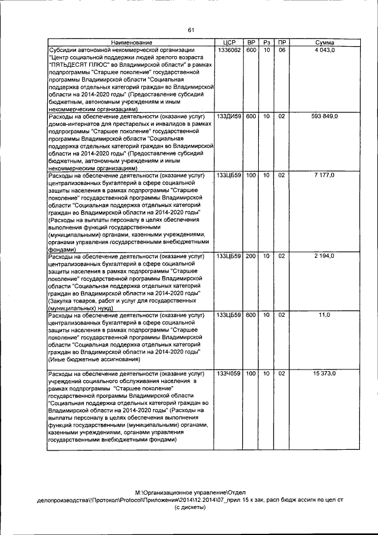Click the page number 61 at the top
191,30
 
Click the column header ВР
251,43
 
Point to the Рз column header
266,43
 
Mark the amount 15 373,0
324,374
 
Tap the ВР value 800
251,315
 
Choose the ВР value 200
251,256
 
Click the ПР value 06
282,51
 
